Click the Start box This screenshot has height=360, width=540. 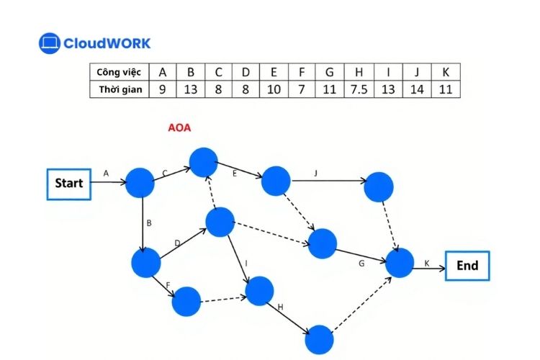click(69, 183)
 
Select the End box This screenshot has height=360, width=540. click(467, 266)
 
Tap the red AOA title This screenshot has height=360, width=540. click(179, 129)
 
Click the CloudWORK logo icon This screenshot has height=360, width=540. click(49, 43)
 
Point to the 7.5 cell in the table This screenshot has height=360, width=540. click(358, 89)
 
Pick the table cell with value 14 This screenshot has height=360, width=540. click(415, 89)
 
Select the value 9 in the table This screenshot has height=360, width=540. click(162, 89)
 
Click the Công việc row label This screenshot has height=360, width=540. click(120, 72)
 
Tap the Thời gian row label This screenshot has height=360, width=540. click(120, 89)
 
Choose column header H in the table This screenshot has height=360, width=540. click(358, 72)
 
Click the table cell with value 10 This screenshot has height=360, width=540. click(274, 89)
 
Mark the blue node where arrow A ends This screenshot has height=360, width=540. click(140, 184)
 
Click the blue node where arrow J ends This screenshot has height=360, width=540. click(379, 187)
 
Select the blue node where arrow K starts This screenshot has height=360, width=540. click(400, 264)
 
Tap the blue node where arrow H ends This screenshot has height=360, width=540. click(319, 339)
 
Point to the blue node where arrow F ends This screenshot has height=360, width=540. click(186, 301)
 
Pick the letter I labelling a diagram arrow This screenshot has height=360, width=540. click(246, 264)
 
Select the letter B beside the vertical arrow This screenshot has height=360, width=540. click(149, 223)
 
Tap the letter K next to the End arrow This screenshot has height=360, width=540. click(427, 264)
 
